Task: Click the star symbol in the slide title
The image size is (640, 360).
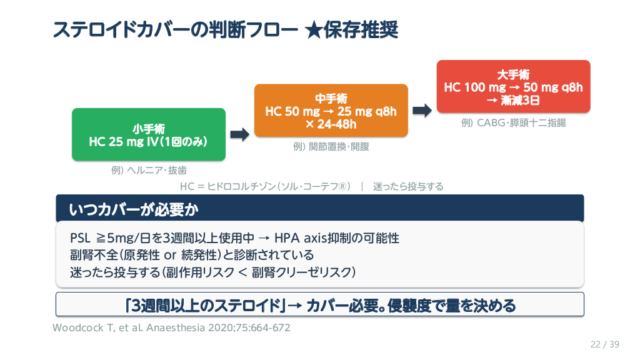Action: (314, 29)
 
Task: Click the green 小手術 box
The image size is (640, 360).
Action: (149, 136)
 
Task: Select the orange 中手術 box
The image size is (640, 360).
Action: (331, 111)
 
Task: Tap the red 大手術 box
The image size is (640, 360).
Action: (513, 87)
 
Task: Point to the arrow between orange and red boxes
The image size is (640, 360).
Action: (422, 110)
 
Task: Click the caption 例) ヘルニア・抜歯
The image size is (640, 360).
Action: (149, 170)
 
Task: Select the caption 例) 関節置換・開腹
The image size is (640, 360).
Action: (331, 147)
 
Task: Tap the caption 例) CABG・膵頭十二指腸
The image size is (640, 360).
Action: (513, 123)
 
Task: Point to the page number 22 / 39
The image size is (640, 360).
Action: (604, 344)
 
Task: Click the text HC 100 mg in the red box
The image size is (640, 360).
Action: (475, 87)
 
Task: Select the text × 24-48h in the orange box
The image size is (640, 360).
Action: (331, 124)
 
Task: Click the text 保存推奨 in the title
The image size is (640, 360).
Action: (361, 29)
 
